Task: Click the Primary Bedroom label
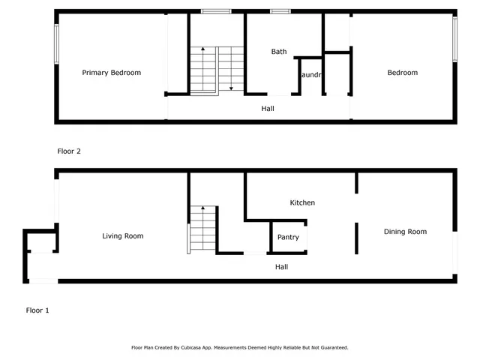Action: [x=111, y=73]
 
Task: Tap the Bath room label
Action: [x=279, y=52]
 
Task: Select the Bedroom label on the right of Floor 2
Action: [x=402, y=73]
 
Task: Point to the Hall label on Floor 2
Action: [x=268, y=109]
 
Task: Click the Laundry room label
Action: [x=310, y=76]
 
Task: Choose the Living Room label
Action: [x=123, y=236]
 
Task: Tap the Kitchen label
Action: [x=302, y=202]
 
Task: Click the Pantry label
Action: [x=288, y=237]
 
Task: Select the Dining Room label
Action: [x=405, y=232]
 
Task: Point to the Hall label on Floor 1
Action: [x=281, y=266]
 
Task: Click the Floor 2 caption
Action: [x=69, y=151]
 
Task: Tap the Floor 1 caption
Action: [x=37, y=310]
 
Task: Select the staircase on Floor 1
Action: [x=202, y=229]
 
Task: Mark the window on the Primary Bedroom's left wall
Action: [x=55, y=43]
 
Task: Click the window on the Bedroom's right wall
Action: [x=454, y=40]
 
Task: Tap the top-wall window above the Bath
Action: [x=280, y=11]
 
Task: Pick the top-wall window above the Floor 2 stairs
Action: [x=216, y=11]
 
